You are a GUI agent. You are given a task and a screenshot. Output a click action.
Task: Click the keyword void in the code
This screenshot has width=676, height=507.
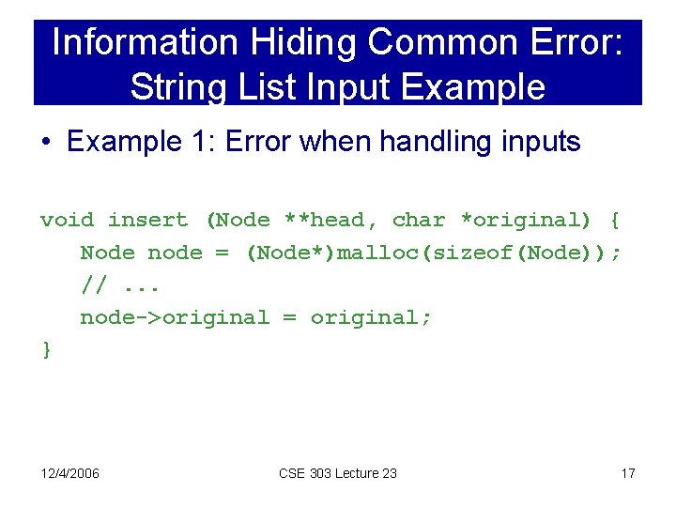[x=67, y=220]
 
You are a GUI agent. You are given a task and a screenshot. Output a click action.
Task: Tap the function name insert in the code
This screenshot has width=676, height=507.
[x=147, y=220]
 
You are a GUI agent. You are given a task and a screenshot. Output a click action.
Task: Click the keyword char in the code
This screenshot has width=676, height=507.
[x=419, y=220]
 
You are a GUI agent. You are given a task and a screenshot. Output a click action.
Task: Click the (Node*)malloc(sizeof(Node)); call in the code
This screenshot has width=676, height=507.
[x=433, y=253]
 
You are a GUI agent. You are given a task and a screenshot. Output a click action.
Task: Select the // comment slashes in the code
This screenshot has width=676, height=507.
[x=93, y=285]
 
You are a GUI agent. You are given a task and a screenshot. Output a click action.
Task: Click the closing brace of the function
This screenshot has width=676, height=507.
[x=46, y=350]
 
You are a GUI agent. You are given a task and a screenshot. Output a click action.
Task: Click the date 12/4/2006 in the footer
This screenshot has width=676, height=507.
[x=70, y=472]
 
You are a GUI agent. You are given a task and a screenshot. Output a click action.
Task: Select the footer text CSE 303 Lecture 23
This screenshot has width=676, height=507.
[x=338, y=472]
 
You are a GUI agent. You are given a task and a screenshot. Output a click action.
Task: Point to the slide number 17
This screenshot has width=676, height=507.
[x=628, y=472]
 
